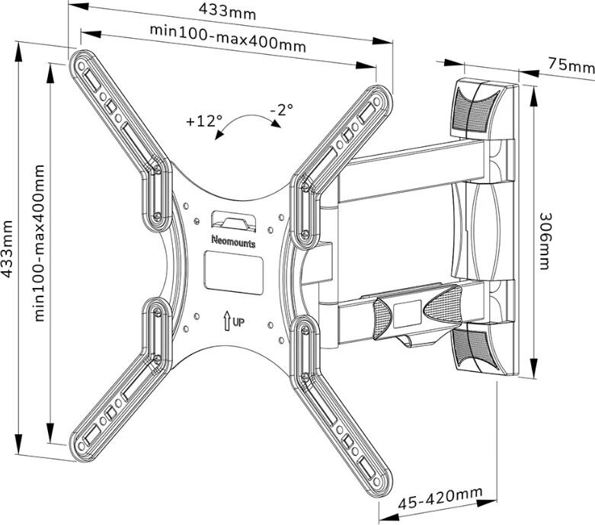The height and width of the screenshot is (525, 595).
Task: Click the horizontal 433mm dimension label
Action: tap(228, 12)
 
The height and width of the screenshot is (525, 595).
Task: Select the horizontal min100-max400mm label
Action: tap(227, 39)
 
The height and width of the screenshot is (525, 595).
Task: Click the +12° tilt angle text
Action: tap(203, 120)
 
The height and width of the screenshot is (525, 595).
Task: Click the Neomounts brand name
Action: tap(233, 242)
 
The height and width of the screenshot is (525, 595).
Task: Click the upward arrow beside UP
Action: tap(227, 321)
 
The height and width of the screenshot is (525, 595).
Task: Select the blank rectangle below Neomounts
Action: tap(233, 268)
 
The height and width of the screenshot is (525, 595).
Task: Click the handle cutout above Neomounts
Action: tap(233, 219)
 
